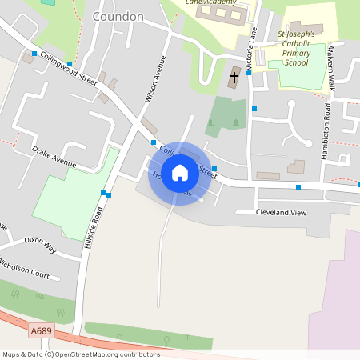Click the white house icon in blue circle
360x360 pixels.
point(180,173)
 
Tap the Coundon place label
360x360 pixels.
point(118,16)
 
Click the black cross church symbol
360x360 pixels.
point(234,78)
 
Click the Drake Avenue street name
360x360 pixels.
point(54,156)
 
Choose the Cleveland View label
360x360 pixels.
point(281,212)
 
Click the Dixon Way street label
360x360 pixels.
point(40,243)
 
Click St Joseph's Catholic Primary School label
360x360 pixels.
point(303,49)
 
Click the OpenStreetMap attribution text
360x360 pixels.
point(80,354)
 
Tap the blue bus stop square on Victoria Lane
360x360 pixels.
point(254,109)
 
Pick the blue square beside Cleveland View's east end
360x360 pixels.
point(298,187)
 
